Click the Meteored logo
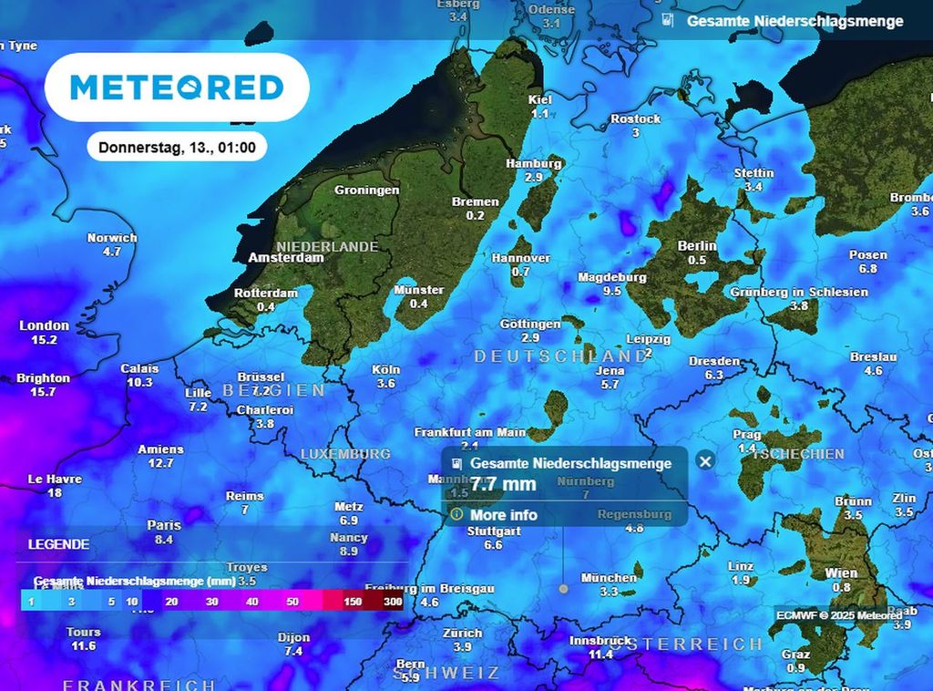(x=177, y=88)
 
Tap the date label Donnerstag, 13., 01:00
(x=177, y=147)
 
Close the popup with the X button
(x=704, y=460)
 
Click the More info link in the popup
(x=503, y=515)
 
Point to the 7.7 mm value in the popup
(x=503, y=483)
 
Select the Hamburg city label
(x=534, y=164)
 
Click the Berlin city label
(x=697, y=246)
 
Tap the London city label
(x=44, y=325)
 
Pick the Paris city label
(x=164, y=525)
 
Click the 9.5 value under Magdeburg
(x=612, y=291)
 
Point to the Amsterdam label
(x=286, y=258)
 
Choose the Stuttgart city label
(x=493, y=531)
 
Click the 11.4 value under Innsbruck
(x=600, y=655)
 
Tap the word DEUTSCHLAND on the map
(x=559, y=356)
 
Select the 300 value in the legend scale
(x=394, y=602)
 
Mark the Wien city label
(x=841, y=572)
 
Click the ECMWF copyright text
(x=834, y=614)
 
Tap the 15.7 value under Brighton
(x=42, y=392)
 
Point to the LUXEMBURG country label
(x=345, y=453)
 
